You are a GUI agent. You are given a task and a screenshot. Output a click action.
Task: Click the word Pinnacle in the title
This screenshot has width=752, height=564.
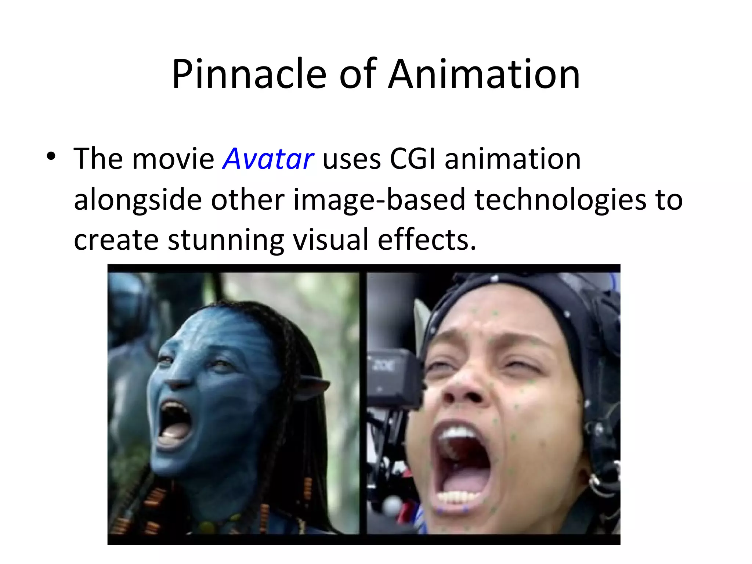coord(249,74)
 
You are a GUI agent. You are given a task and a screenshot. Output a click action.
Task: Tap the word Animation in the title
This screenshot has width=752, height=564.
coord(484,74)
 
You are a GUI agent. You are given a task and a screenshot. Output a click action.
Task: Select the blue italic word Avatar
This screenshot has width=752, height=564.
coord(268,159)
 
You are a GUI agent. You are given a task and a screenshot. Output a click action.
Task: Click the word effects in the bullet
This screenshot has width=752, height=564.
coord(427,240)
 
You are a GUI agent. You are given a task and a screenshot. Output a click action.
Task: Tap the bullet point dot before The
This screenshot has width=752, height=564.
coord(51,157)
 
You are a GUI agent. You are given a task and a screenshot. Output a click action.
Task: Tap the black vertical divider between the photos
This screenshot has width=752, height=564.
coord(363,404)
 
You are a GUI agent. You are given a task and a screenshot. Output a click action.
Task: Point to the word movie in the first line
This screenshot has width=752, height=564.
coord(173,159)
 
